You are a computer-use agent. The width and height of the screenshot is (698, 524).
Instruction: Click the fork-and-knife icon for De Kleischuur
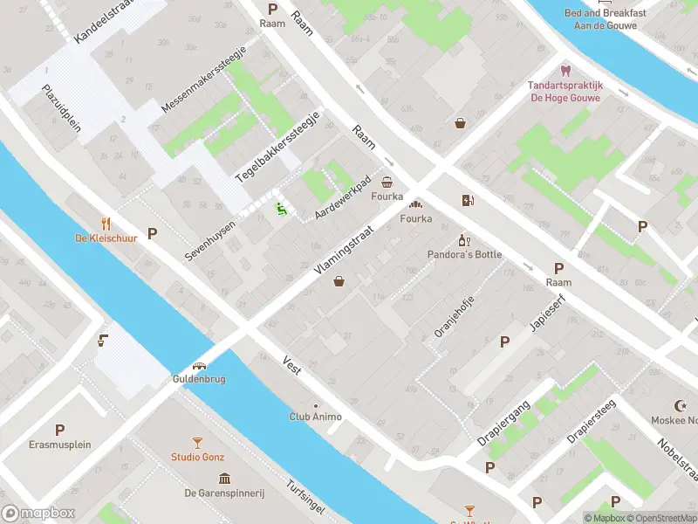click(x=106, y=223)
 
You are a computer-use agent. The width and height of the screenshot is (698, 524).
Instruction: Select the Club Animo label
click(x=315, y=417)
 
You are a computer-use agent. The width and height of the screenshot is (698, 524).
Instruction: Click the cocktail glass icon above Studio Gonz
click(x=198, y=444)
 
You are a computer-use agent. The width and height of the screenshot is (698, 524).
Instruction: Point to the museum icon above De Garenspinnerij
click(x=224, y=479)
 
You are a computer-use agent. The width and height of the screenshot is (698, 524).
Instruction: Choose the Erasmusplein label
click(x=59, y=445)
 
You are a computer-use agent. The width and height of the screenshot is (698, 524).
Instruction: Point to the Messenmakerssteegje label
click(x=204, y=79)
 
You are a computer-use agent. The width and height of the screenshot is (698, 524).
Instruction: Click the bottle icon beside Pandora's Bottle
click(x=464, y=240)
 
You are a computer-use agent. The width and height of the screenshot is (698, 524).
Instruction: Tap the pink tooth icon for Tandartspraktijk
click(x=565, y=71)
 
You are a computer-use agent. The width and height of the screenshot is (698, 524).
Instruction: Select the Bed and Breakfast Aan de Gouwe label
click(x=606, y=19)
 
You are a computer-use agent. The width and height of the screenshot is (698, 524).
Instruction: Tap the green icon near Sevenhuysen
click(x=281, y=208)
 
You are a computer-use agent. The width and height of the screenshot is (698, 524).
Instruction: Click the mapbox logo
click(x=38, y=514)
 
